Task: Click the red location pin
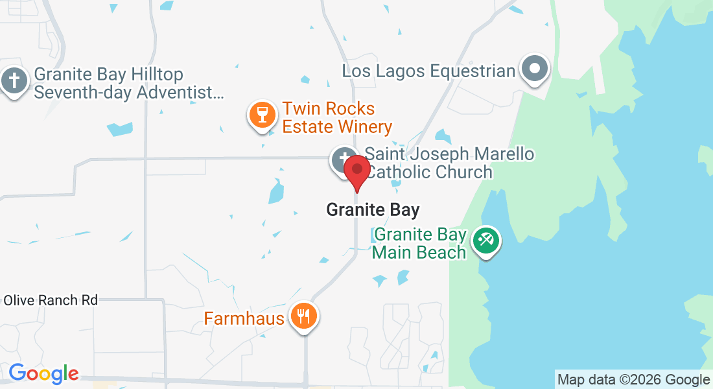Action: (356, 171)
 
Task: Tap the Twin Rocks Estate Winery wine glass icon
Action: (263, 115)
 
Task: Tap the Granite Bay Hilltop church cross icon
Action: (13, 82)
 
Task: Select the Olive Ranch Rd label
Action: (51, 300)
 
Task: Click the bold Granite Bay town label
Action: (373, 210)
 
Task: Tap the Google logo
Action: (43, 373)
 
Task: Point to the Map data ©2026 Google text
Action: (634, 379)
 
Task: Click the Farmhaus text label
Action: (244, 318)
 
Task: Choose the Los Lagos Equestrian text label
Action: (428, 71)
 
